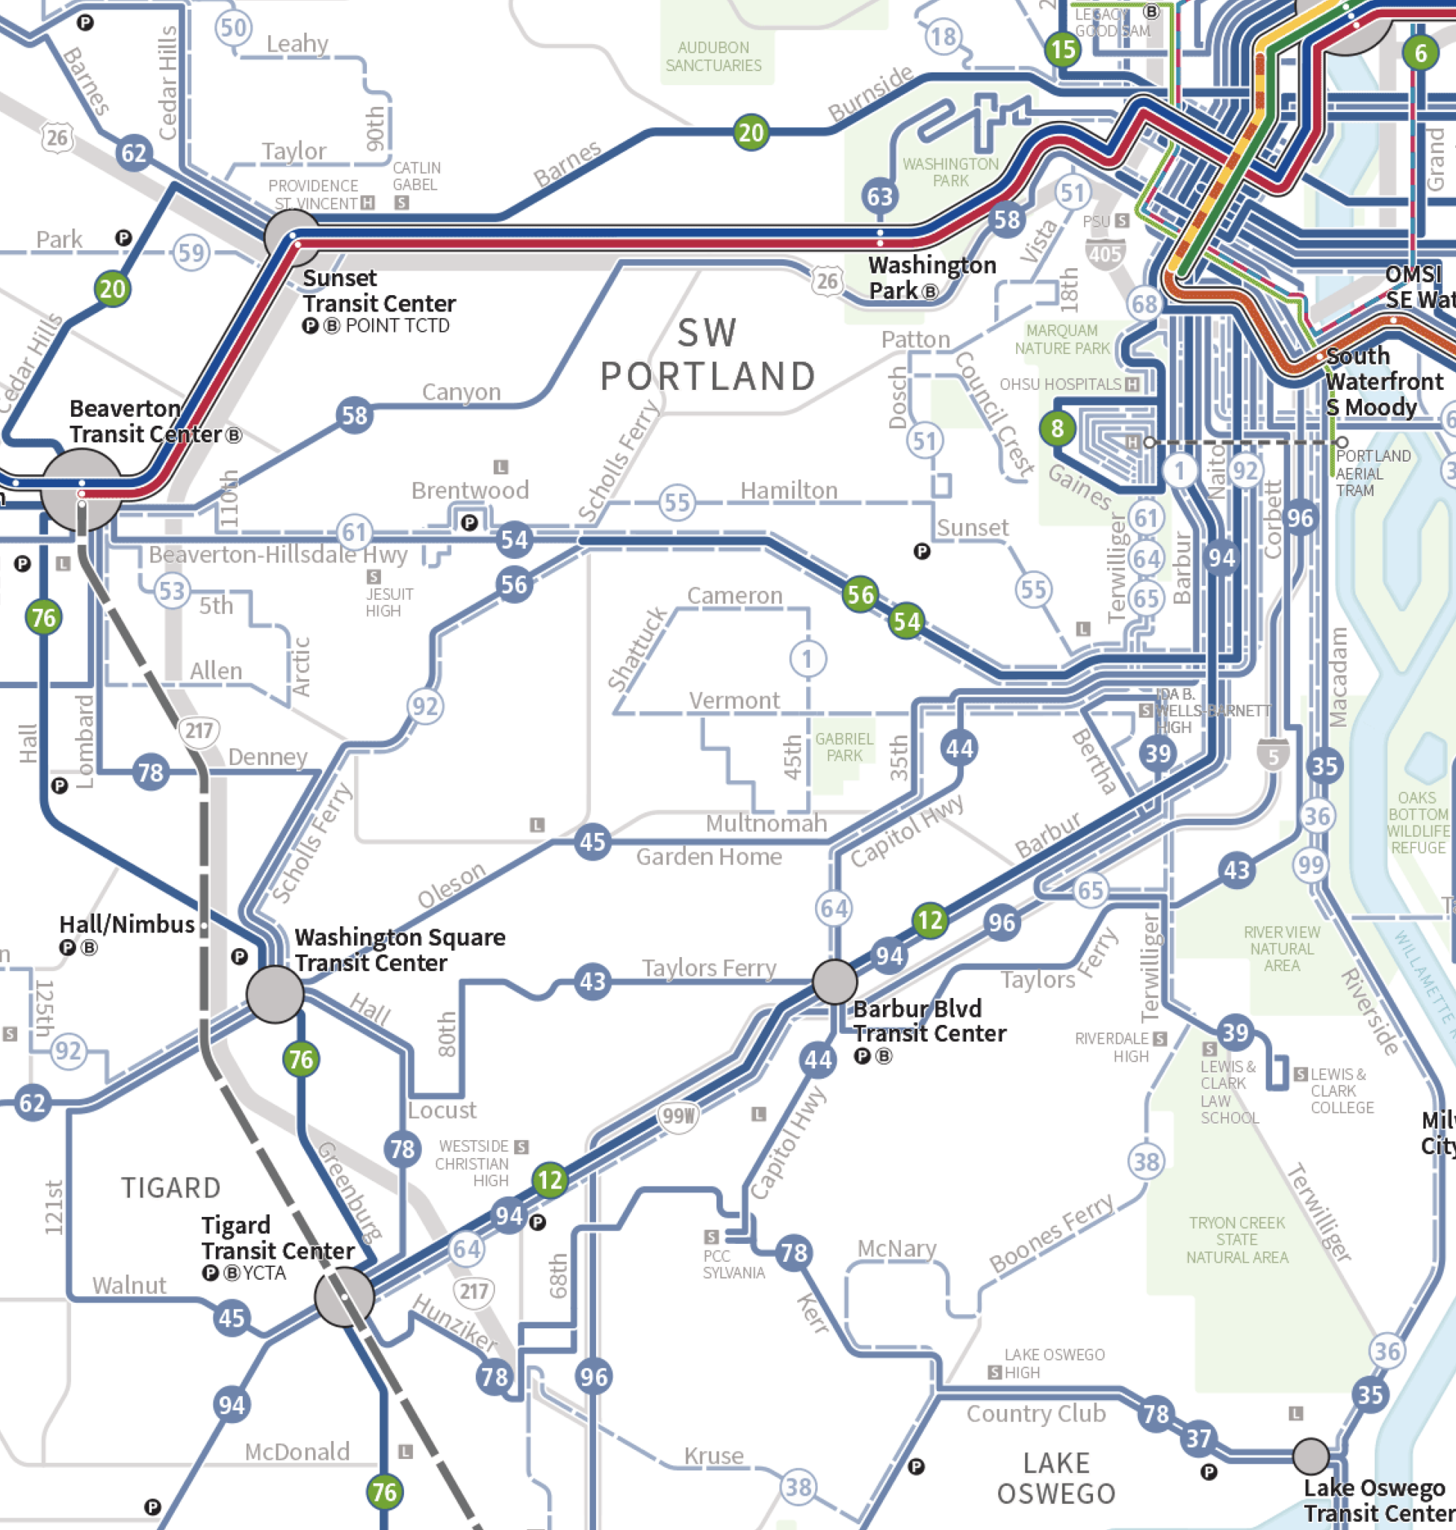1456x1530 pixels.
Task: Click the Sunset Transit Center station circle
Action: tap(292, 237)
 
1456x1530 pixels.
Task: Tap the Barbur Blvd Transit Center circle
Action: tap(834, 982)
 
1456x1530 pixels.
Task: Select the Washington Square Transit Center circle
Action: tap(275, 994)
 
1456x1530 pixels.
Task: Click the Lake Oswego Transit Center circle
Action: tap(1311, 1456)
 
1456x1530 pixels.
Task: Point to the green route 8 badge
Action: tap(1057, 428)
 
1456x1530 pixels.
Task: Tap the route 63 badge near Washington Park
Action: tap(879, 196)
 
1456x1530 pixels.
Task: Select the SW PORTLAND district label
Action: tap(707, 356)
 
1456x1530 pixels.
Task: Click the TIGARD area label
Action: tap(171, 1188)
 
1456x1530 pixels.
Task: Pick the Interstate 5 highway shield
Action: tap(1273, 755)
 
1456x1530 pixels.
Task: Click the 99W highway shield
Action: tap(678, 1116)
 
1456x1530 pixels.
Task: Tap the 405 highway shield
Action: tap(1104, 254)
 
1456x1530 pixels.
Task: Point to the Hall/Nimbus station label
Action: tap(126, 925)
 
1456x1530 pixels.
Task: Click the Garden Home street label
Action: tap(709, 857)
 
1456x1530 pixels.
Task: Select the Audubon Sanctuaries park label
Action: tap(713, 57)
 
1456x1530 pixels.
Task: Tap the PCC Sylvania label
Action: tap(733, 1264)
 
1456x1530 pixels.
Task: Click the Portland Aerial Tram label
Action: tap(1372, 473)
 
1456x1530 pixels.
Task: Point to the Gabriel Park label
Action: tap(843, 747)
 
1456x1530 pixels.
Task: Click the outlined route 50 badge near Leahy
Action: tap(233, 28)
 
